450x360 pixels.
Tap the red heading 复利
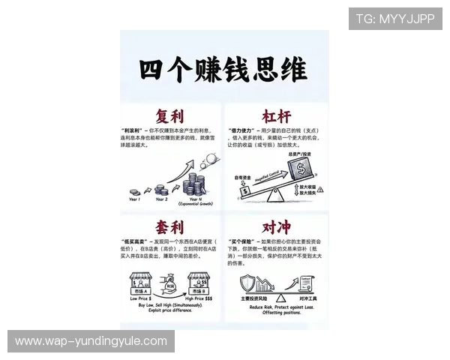coord(169,116)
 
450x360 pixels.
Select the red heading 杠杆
coord(276,116)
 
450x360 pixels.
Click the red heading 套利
coord(169,226)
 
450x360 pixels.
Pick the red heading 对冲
coord(276,226)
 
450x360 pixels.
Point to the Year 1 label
coord(135,199)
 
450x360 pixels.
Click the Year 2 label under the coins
coord(160,199)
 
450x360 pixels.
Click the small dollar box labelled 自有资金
coord(244,190)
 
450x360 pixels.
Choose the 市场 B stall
coord(198,284)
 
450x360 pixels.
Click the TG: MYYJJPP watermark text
coord(394,19)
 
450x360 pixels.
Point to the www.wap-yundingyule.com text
coord(91,341)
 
